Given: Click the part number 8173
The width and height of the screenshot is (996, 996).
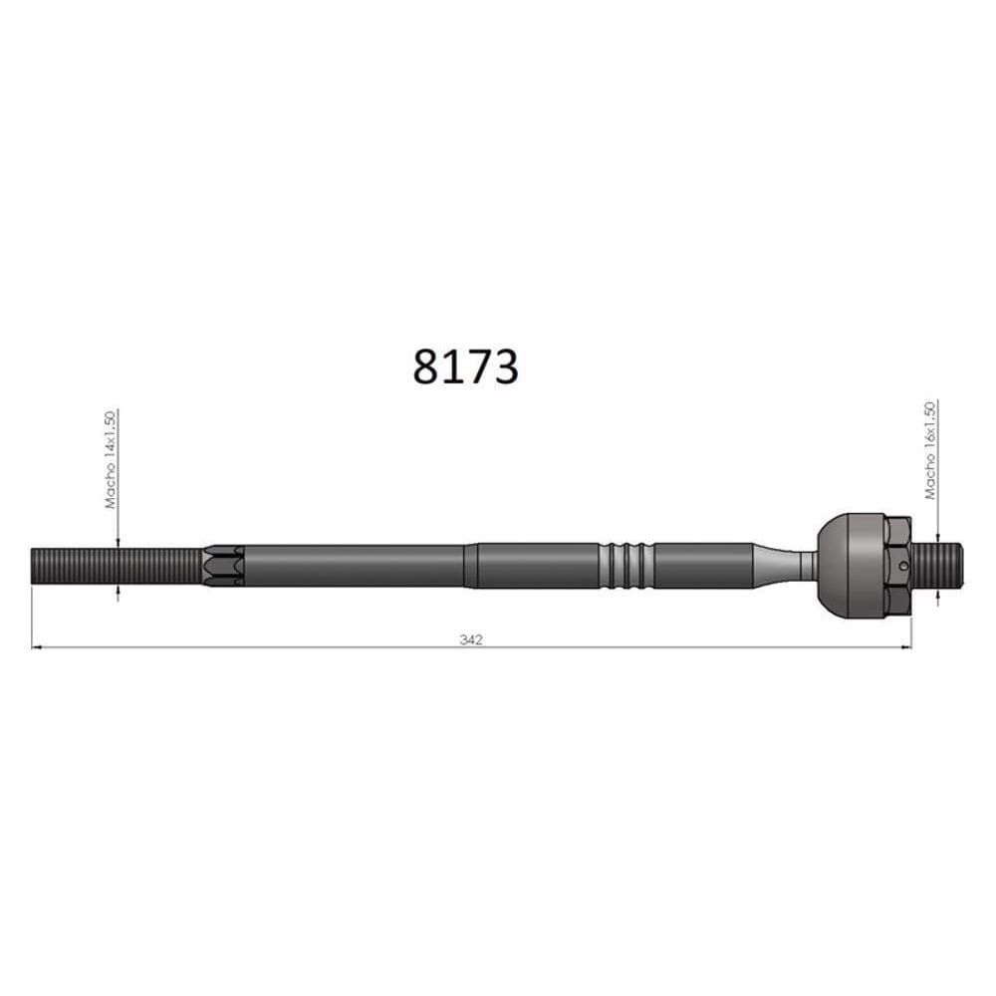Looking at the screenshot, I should pos(465,367).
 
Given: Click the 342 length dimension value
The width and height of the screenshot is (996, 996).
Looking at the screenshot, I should pos(471,639).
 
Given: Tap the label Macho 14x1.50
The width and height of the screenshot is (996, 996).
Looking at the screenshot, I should pos(111,459).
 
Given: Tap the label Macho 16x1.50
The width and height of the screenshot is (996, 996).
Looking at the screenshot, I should pos(930,450).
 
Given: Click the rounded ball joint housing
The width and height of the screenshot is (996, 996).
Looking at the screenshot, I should pos(847,565).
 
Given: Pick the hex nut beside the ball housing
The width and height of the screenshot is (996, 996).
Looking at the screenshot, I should pos(897,565).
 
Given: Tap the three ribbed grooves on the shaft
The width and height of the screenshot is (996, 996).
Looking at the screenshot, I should pos(626,565).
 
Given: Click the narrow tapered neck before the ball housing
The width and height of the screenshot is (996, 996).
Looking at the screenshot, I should pos(787,565).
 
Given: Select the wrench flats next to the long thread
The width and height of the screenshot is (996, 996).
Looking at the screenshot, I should pos(223,565).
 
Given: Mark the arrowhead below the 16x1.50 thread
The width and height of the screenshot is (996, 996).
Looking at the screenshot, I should pos(937,594).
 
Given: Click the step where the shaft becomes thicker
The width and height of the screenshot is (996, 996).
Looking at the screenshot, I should pos(470,565).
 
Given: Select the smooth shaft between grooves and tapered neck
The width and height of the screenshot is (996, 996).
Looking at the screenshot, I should pos(702,565).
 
